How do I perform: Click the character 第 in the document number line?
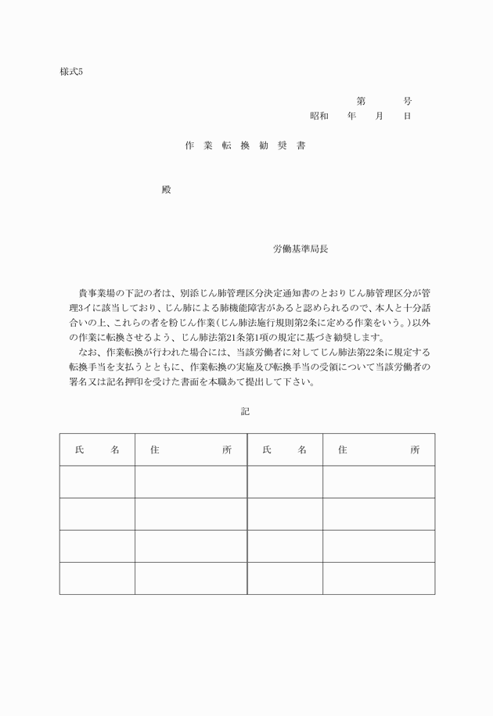tap(361, 101)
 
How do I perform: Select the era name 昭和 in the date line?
tap(318, 116)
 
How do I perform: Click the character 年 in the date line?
tap(352, 116)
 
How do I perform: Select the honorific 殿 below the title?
tap(165, 190)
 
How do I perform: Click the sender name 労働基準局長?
tap(301, 249)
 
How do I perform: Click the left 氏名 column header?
tap(97, 449)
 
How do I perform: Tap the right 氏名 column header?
tap(285, 449)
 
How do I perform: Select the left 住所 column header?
tap(190, 449)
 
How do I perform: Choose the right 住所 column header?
tap(379, 449)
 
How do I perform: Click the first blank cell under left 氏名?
tap(97, 482)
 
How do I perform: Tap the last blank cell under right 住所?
tap(379, 578)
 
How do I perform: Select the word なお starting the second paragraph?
tap(88, 353)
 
